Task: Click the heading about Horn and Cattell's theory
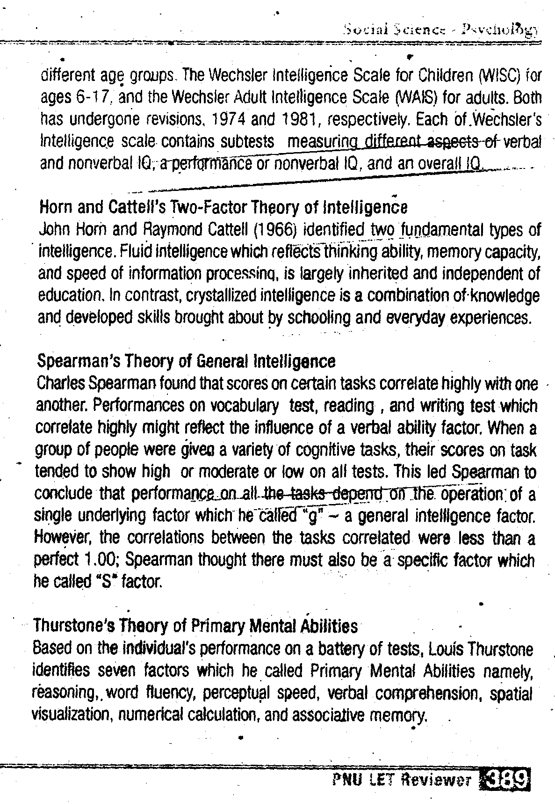pos(223,206)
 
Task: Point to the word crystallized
pos(217,296)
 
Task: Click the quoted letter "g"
pos(310,516)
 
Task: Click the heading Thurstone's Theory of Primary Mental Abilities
pos(195,626)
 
